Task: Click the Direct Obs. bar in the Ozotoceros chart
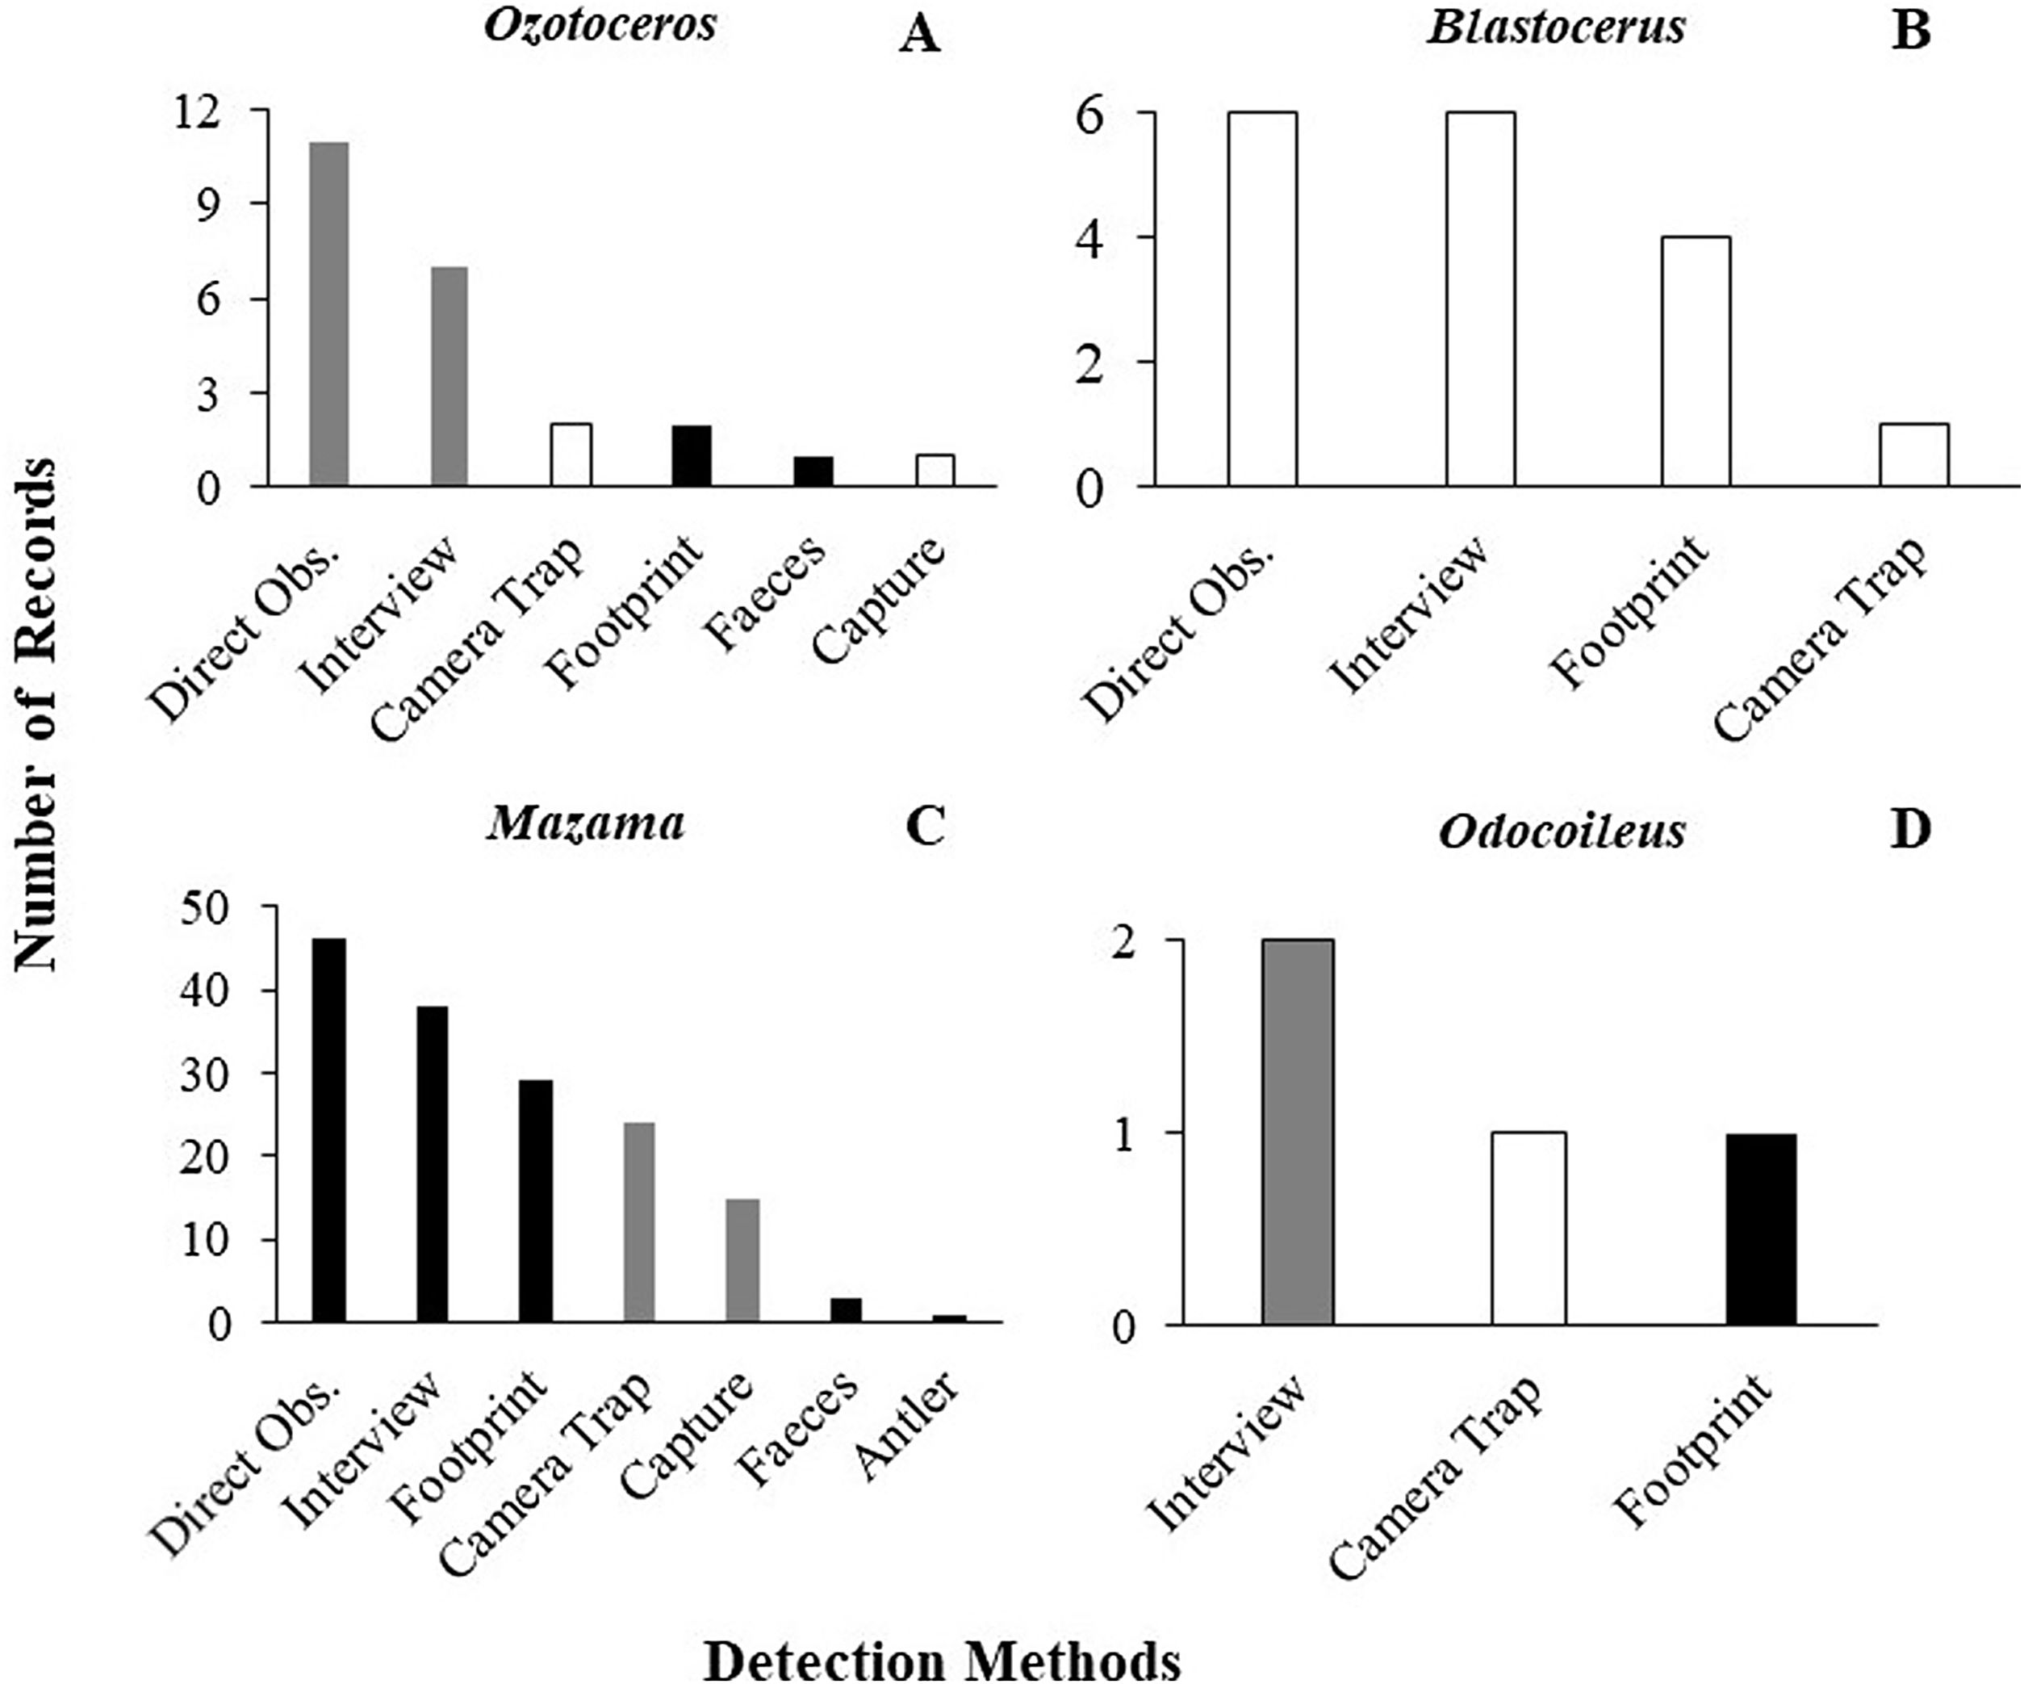[x=328, y=314]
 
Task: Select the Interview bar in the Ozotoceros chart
[x=450, y=376]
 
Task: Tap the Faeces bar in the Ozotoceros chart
[x=813, y=471]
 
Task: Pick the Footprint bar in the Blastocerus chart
[x=1696, y=361]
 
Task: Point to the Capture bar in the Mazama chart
[x=742, y=1260]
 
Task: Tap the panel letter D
[x=1911, y=830]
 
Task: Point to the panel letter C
[x=926, y=826]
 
